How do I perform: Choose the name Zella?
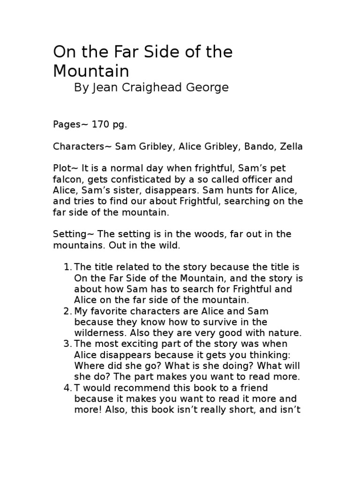[291, 147]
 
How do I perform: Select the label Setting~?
[72, 234]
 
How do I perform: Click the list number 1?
[67, 267]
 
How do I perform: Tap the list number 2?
[67, 311]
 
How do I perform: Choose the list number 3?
[67, 344]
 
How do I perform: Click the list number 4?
[67, 388]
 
